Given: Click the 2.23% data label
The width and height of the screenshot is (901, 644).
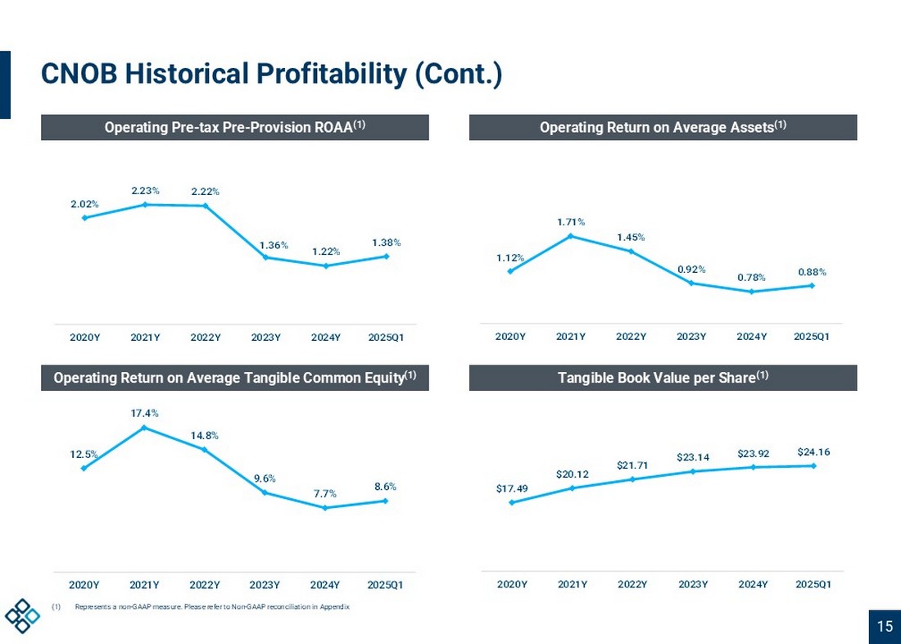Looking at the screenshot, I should pos(145,190).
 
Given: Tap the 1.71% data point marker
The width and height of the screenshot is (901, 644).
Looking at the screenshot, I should pos(571,236).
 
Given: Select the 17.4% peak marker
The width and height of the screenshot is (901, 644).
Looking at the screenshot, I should pos(144,428).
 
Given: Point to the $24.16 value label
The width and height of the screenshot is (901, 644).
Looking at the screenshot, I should pos(813,451).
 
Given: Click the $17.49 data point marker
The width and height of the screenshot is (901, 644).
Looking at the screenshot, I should pos(512,502).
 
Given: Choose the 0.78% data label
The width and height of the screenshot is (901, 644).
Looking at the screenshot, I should pos(751,277).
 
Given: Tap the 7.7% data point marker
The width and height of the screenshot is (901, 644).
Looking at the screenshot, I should pos(325,508).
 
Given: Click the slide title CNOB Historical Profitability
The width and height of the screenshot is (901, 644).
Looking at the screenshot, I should pos(271,75).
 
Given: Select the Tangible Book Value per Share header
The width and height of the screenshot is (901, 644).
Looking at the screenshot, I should pos(663,378).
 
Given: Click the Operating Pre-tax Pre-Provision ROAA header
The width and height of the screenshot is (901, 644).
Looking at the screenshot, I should pos(234,127).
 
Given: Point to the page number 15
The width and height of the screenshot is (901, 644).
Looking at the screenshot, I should pos(885,627).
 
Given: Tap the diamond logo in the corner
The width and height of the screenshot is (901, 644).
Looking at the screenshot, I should pos(22,615).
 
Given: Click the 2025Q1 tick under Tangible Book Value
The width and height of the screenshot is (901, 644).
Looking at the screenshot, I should pos(813,584).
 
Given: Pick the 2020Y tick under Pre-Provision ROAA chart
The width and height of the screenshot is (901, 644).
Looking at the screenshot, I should pos(84,337).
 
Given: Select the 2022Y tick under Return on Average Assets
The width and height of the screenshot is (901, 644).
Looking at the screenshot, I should pos(631,337).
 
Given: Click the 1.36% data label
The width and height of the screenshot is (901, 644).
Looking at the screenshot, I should pos(274,244).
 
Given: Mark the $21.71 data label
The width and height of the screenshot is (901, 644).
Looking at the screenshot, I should pos(632,465).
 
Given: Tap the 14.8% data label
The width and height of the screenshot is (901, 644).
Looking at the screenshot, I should pos(205,435).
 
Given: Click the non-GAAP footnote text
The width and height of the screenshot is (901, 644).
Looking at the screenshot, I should pos(211,607).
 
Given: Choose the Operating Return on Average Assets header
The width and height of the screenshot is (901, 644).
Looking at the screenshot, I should pos(663,127).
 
